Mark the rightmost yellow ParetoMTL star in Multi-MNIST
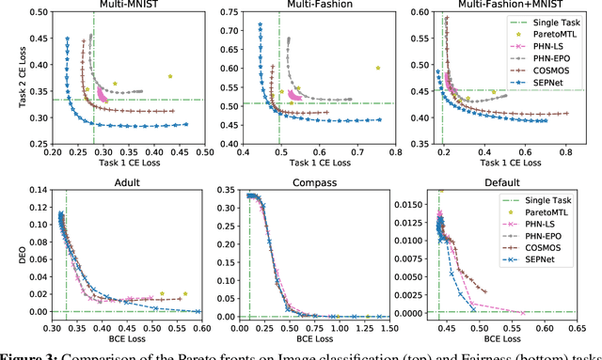tap(170, 76)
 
